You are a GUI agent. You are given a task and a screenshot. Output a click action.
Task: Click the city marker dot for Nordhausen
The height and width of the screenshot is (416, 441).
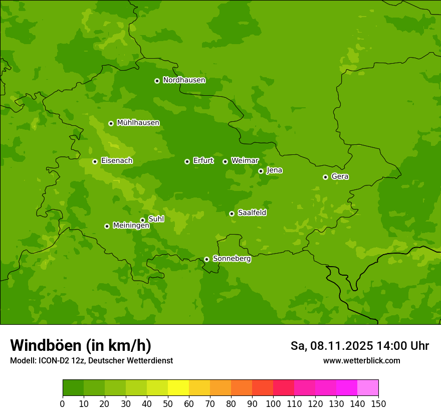pos(157,81)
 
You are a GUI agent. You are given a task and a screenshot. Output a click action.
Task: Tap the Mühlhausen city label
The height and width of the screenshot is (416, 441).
pos(138,123)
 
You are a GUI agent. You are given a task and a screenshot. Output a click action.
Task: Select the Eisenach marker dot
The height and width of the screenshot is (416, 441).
pos(95,161)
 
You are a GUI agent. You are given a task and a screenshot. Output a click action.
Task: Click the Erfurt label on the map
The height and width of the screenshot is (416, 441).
pos(203,161)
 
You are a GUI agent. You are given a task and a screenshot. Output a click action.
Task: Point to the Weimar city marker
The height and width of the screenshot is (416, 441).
pos(225,161)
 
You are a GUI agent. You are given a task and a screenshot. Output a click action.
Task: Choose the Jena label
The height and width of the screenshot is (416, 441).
pos(274,170)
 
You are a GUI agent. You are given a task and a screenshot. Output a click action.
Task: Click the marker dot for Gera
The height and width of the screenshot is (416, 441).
pos(325,177)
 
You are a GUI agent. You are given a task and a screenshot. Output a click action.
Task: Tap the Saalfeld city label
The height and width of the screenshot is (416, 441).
pos(252,213)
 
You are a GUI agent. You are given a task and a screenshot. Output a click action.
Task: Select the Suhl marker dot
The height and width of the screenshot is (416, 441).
pos(142,220)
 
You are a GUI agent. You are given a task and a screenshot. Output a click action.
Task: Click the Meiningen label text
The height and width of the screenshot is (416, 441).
pos(131,226)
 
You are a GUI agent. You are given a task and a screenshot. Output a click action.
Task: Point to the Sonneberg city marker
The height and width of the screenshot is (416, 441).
pos(206,259)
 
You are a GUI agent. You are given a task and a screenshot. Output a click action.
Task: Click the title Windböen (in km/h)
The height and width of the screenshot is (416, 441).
pos(80,345)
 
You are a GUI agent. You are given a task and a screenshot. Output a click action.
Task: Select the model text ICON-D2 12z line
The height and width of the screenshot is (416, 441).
pos(91,361)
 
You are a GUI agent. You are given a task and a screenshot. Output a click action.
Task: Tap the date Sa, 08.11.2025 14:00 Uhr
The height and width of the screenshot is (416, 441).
pos(359,346)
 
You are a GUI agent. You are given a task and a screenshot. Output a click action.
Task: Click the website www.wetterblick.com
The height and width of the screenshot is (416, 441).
pos(361,361)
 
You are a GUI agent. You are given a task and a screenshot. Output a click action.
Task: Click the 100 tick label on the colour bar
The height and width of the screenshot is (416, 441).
pos(273,403)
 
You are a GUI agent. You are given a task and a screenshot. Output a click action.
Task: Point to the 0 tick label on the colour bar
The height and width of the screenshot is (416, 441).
pos(63,403)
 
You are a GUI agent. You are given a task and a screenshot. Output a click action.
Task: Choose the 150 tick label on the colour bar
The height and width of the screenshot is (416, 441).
pos(378,403)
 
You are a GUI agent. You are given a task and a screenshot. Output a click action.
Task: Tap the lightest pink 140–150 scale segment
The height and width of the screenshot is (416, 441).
pos(368,388)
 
